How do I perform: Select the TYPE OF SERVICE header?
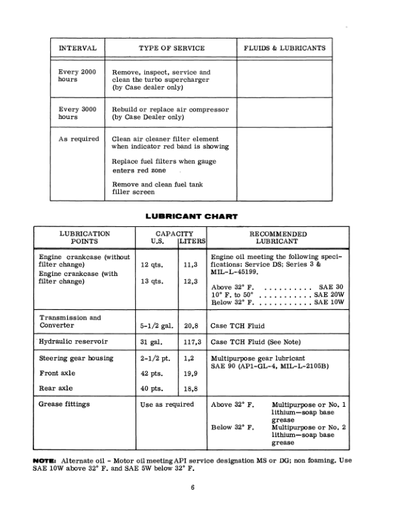coord(172,48)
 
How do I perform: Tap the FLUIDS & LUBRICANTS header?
coord(284,48)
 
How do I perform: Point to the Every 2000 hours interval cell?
coord(78,75)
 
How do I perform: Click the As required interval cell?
coord(78,139)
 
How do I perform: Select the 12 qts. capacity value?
coord(152,266)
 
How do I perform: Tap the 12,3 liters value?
coord(191,283)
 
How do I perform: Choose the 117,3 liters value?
coord(191,341)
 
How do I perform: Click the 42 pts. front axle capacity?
coord(152,373)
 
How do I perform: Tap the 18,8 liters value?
coord(191,389)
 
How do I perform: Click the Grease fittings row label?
coord(65,404)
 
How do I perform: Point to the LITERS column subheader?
coord(192,241)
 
